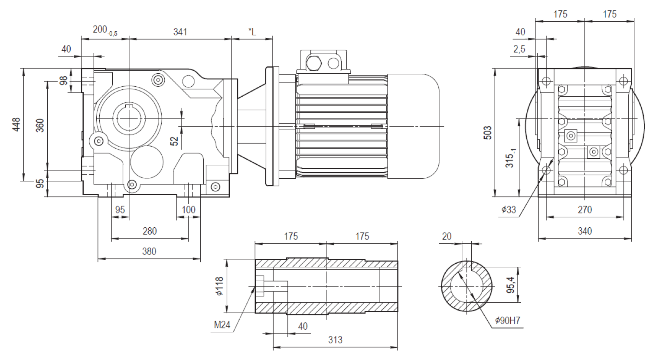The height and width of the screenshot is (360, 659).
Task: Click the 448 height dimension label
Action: pyautogui.click(x=16, y=124)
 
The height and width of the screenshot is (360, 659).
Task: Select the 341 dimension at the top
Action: pyautogui.click(x=180, y=32)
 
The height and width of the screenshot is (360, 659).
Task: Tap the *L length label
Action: pyautogui.click(x=252, y=32)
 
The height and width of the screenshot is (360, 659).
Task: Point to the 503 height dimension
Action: pyautogui.click(x=487, y=133)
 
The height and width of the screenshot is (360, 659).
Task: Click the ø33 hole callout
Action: pyautogui.click(x=509, y=209)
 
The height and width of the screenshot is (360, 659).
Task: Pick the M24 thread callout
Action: pyautogui.click(x=222, y=325)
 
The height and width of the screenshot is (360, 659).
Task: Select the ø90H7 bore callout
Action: pyautogui.click(x=508, y=320)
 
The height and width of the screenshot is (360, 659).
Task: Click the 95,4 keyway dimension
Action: pyautogui.click(x=511, y=285)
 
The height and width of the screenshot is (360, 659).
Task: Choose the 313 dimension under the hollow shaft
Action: pyautogui.click(x=335, y=340)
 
